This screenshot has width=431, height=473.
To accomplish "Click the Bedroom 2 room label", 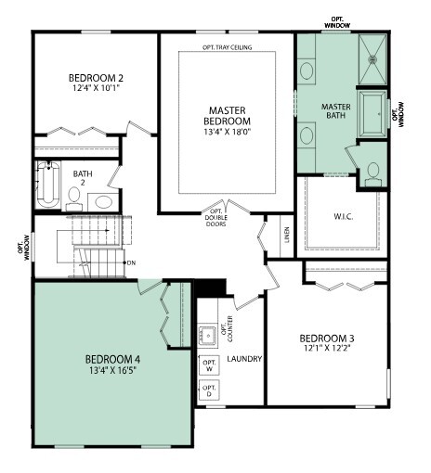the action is point(96,78).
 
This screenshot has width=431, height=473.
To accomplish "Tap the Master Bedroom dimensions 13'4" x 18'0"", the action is point(227,132).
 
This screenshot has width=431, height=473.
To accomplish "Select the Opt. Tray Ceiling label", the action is point(227,47).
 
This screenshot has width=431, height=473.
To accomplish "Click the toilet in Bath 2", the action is point(74,199).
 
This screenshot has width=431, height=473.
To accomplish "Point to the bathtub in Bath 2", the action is point(48,185).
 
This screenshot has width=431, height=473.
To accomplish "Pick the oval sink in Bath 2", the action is point(104,202).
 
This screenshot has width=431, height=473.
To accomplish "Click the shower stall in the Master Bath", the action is point(372,59).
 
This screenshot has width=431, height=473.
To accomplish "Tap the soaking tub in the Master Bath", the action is point(372,113).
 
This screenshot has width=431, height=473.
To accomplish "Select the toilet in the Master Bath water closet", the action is point(373,174).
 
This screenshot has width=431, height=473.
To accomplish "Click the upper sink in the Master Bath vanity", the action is point(307,71).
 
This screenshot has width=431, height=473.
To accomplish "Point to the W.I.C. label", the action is point(343,217).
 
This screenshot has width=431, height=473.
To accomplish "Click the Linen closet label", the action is point(287,235).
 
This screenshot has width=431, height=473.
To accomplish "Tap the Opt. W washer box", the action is point(209,365).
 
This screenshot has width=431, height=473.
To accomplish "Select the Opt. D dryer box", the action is point(209,390).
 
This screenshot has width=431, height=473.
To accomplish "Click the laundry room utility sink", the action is point(208,335).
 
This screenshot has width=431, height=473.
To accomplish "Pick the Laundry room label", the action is point(244,359).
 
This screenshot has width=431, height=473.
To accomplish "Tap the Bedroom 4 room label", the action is point(112,359).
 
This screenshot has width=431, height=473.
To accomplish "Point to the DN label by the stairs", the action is point(131,263).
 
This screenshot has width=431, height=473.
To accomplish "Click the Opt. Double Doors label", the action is point(215,218).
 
